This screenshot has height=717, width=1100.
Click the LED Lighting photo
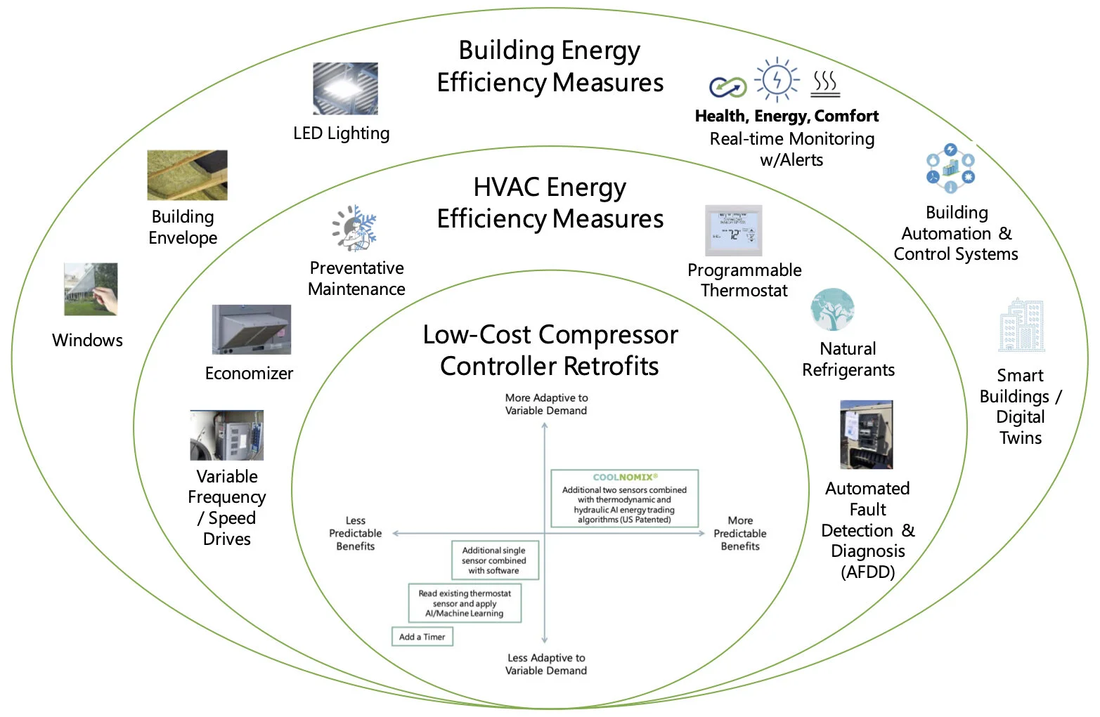[345, 88]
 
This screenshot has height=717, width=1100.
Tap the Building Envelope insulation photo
[187, 175]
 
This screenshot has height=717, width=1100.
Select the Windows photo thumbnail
[91, 289]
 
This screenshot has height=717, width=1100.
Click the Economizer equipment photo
[251, 329]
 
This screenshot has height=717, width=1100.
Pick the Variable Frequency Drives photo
[226, 435]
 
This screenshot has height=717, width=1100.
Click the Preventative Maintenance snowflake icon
[355, 228]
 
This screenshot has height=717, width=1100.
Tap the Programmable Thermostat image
[733, 230]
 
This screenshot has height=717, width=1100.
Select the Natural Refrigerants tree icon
[832, 309]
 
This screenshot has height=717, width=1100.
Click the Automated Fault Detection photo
[866, 434]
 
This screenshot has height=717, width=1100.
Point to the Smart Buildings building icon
[1021, 325]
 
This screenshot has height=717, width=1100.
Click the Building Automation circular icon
[950, 169]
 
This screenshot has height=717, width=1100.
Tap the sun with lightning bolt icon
[777, 79]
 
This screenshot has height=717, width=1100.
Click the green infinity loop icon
[727, 87]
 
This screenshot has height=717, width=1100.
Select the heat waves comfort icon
[825, 83]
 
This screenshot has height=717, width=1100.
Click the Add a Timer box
[422, 637]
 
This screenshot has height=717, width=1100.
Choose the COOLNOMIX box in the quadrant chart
[624, 499]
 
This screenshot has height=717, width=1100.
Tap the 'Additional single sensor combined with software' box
[494, 560]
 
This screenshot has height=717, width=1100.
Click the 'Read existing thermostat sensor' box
[465, 603]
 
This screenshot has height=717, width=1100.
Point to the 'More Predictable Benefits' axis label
[739, 533]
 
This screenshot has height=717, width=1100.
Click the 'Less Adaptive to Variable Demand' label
[546, 664]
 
